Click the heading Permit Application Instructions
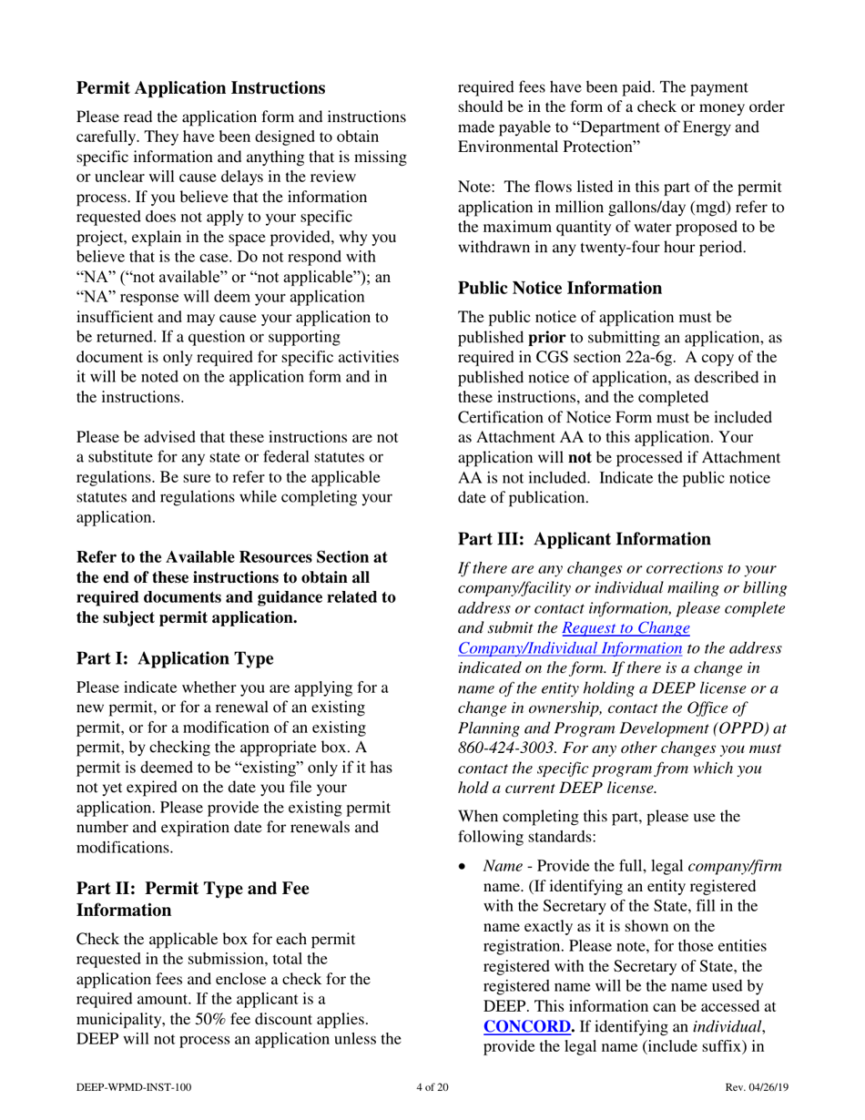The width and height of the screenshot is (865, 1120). pyautogui.click(x=199, y=88)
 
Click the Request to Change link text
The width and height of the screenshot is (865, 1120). pyautogui.click(x=625, y=627)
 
